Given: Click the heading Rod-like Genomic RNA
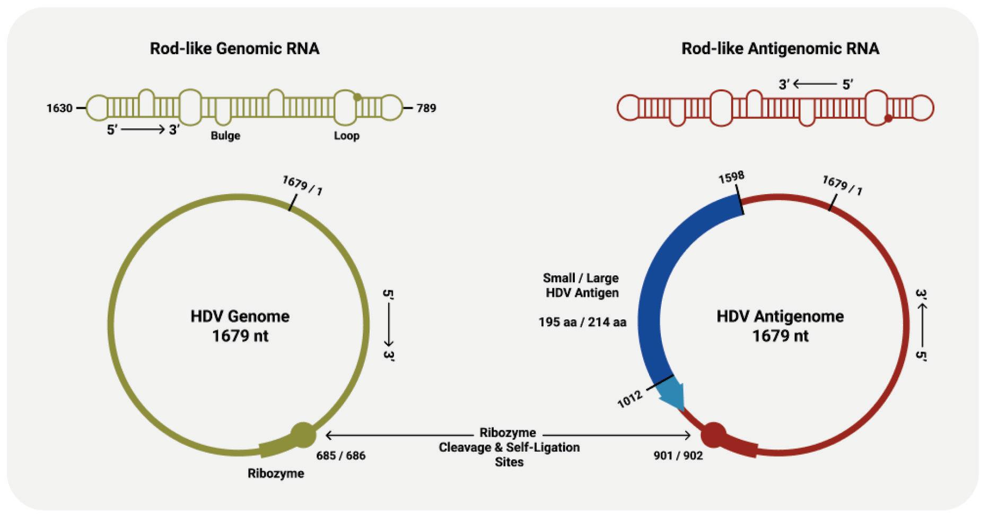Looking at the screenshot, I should point(234,49).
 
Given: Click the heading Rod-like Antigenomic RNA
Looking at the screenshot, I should point(780,49).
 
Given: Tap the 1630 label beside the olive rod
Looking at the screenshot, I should point(59,108).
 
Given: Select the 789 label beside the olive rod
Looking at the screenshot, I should point(426,108).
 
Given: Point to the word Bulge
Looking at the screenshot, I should point(225,136).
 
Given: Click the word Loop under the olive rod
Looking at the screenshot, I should point(346,136).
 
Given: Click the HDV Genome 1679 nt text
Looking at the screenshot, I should point(240,326).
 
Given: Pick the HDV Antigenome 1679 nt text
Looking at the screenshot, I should point(780,326).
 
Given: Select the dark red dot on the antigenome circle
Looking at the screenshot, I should point(713,435).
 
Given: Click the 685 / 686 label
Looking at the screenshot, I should point(340,456).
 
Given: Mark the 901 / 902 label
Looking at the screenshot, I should point(678,456).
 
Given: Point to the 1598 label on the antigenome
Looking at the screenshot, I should point(731,177).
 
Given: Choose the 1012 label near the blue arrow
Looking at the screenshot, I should point(630,398).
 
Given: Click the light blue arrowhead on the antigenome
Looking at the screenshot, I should point(672,395).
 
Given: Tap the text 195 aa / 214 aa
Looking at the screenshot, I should point(582,322).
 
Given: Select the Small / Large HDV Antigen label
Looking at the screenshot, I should point(581,285).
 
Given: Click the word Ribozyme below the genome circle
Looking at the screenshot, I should point(276,473).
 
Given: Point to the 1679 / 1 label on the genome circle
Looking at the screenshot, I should point(302,185).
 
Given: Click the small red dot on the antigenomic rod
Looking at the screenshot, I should point(888,118).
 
